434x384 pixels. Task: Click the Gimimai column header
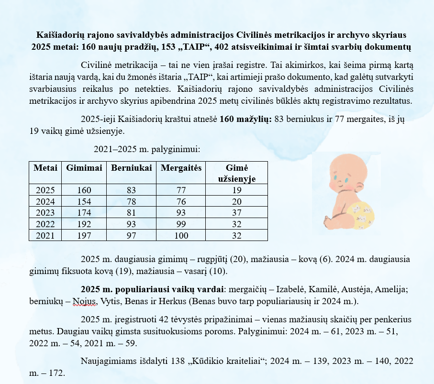pyautogui.click(x=84, y=168)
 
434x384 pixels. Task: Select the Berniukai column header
pyautogui.click(x=132, y=168)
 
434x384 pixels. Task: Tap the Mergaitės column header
pyautogui.click(x=181, y=168)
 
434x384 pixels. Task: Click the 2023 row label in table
pyautogui.click(x=45, y=212)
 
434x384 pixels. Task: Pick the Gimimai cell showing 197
pyautogui.click(x=84, y=235)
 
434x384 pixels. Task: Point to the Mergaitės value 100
pyautogui.click(x=181, y=235)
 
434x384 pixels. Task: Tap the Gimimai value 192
pyautogui.click(x=84, y=224)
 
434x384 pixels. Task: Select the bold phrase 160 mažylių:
pyautogui.click(x=245, y=120)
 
